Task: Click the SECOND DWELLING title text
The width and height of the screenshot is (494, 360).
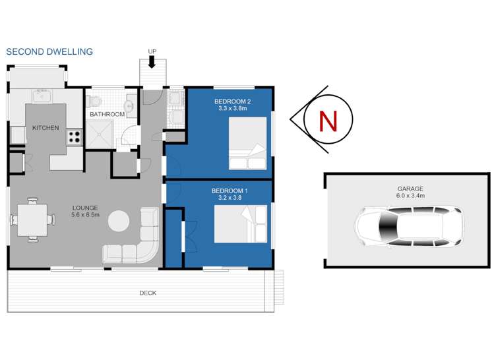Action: click(x=49, y=51)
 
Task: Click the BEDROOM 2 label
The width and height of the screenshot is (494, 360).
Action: click(x=229, y=101)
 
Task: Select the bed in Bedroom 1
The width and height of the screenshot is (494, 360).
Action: click(x=241, y=225)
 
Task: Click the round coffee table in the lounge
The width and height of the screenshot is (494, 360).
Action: click(x=119, y=221)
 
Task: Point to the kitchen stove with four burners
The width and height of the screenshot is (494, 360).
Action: click(x=74, y=138)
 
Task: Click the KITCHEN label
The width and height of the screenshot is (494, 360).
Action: click(x=46, y=128)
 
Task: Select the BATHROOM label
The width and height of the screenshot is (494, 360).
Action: click(x=108, y=114)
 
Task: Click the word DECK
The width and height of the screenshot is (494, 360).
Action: click(x=148, y=293)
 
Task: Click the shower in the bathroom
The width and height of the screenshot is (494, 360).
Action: click(x=102, y=136)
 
